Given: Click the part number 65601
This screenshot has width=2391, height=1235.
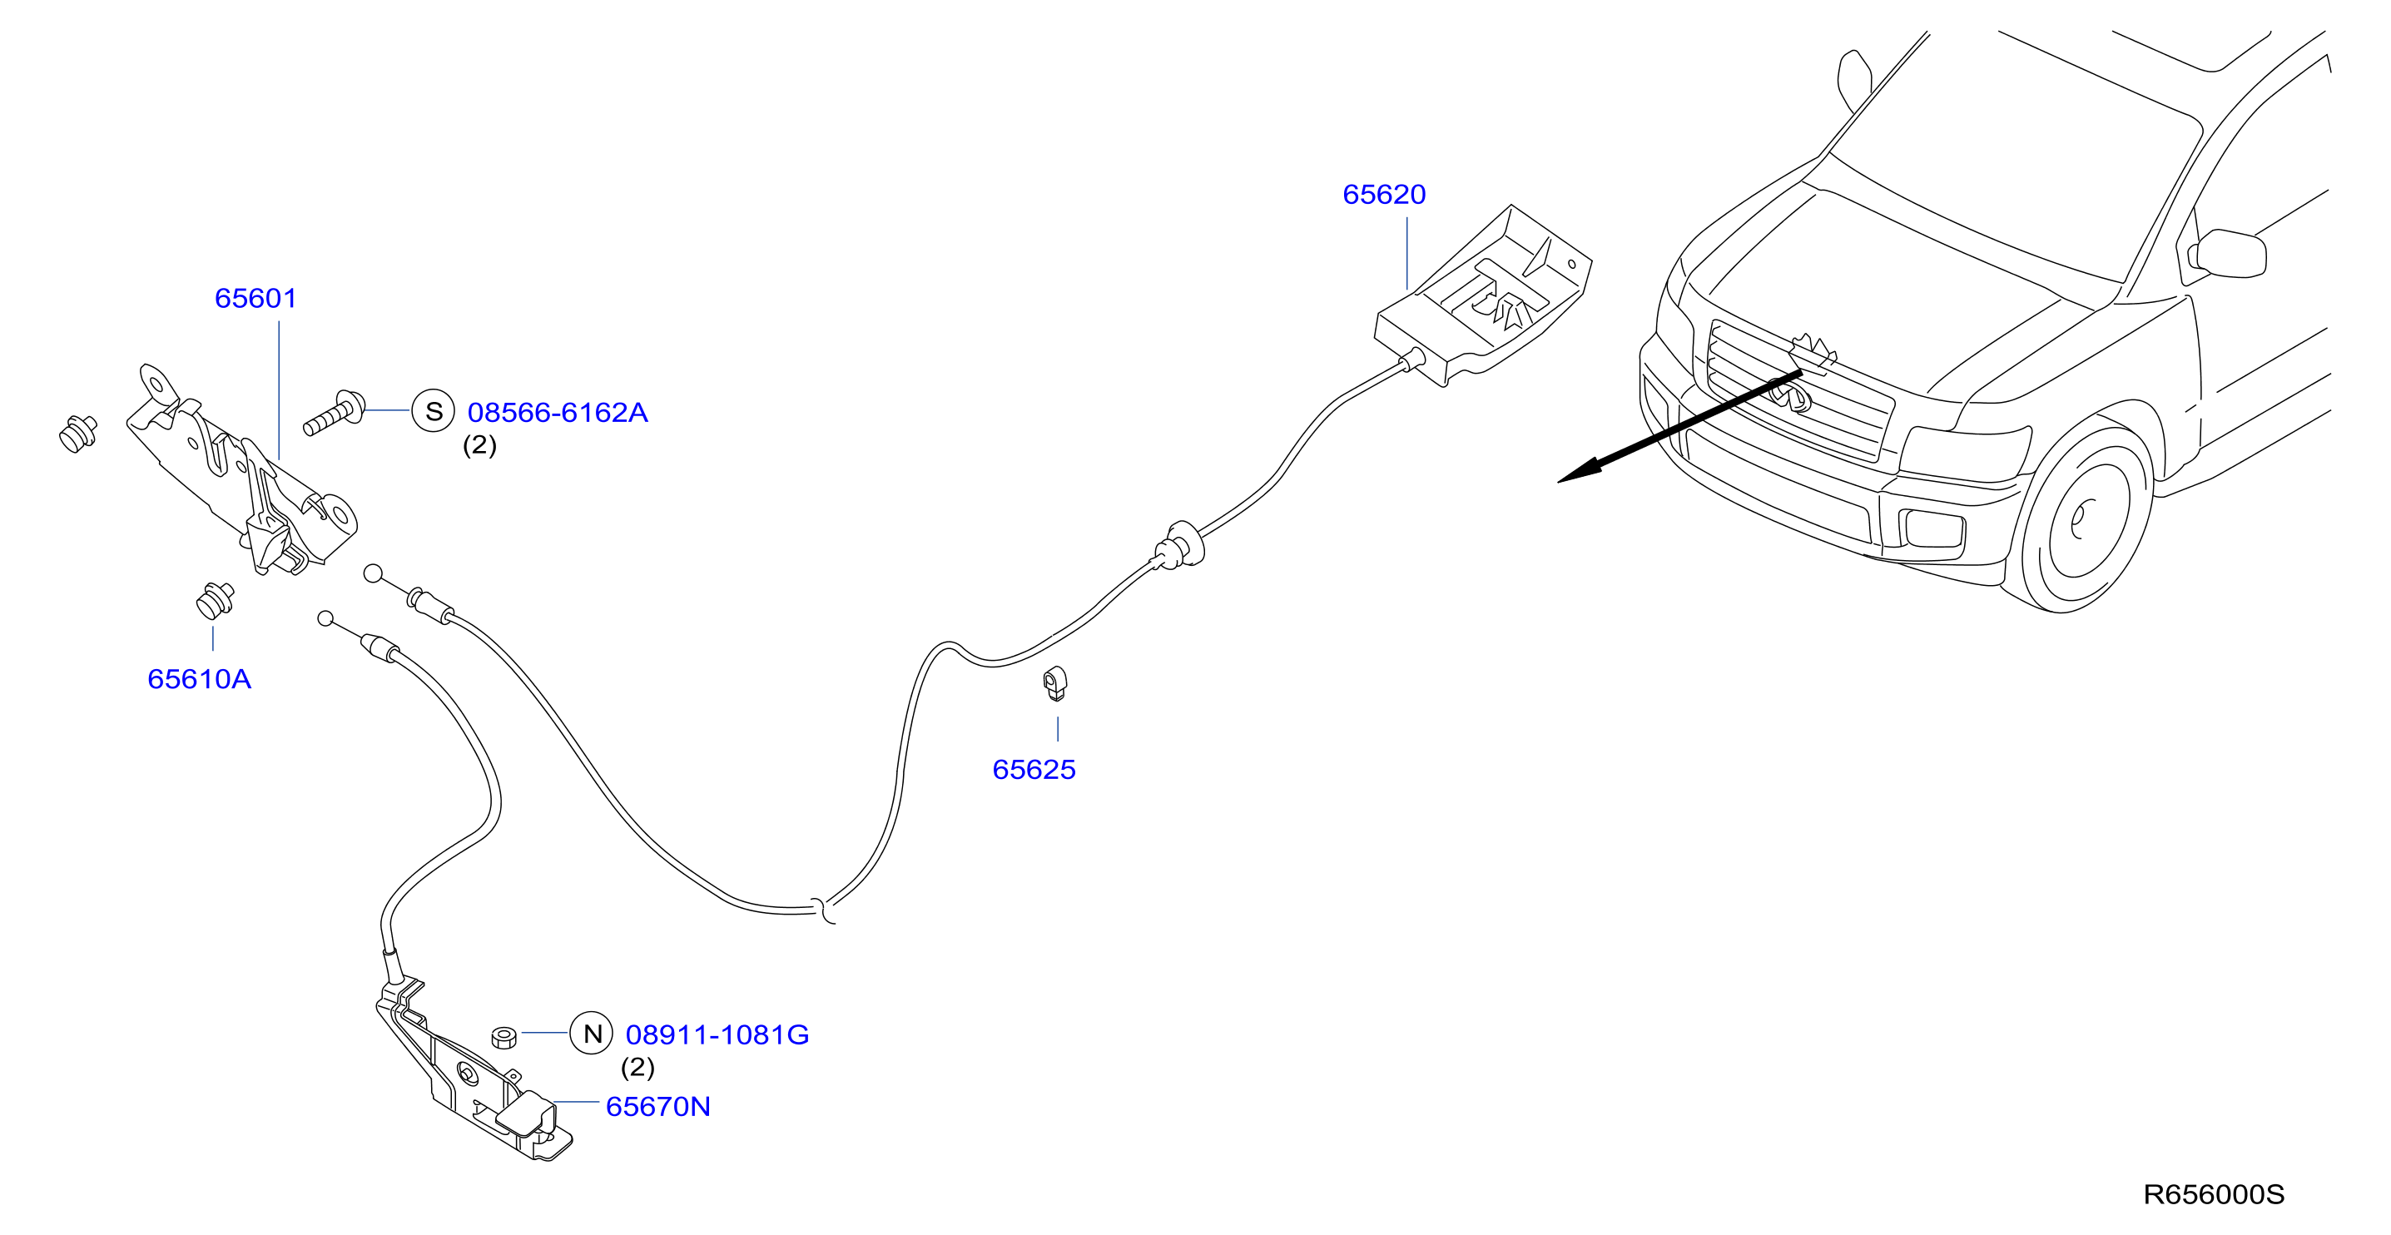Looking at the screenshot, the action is (x=255, y=298).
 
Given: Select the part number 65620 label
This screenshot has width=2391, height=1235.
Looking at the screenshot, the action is (x=1384, y=194).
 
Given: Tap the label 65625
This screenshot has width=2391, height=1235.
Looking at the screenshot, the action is (x=1034, y=769).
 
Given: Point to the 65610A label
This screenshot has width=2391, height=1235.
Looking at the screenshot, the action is (x=200, y=679).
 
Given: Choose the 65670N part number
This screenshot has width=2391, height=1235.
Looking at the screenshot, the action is (x=658, y=1106).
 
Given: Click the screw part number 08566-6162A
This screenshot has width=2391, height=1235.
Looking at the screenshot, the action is (x=558, y=412).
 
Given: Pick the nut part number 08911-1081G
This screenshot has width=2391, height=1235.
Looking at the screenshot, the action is (x=717, y=1034).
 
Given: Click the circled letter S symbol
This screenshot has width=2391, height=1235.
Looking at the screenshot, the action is (x=434, y=411).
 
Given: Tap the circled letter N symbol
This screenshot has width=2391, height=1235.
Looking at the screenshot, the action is (x=591, y=1033).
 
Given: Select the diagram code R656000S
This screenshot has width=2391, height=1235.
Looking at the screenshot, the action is (x=2214, y=1194).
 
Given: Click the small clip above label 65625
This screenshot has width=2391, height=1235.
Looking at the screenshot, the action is (x=1055, y=683).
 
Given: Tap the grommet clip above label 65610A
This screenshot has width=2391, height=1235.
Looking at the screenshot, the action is (x=215, y=600).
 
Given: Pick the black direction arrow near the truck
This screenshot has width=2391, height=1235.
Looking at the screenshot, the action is (x=1679, y=427).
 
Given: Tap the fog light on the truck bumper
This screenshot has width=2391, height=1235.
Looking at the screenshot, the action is (x=1933, y=529).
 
